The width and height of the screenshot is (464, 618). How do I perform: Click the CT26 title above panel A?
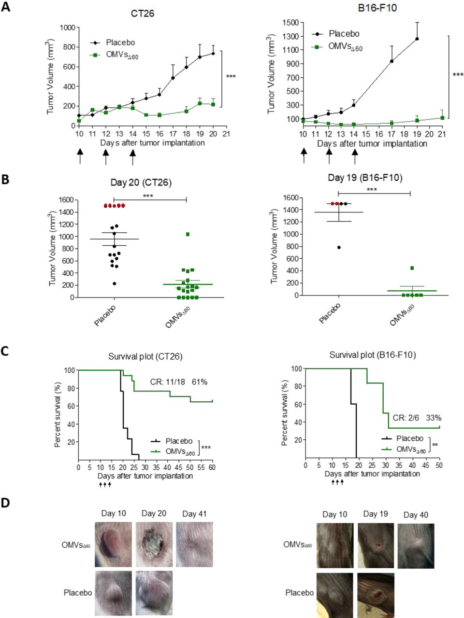click(143, 14)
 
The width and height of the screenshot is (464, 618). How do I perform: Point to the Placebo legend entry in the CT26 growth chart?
click(120, 42)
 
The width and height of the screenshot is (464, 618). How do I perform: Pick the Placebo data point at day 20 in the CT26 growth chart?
click(213, 54)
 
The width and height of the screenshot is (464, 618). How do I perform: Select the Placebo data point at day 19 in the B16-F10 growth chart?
click(417, 39)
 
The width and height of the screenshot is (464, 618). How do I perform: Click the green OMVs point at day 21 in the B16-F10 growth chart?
click(442, 117)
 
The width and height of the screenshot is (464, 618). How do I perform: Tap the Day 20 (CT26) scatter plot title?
click(141, 183)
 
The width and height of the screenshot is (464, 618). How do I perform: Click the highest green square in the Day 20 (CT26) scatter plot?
click(188, 234)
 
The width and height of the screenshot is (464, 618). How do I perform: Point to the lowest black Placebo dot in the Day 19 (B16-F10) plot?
click(339, 247)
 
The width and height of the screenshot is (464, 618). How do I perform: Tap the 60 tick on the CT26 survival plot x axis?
click(212, 467)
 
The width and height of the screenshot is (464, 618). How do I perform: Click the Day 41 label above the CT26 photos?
click(194, 514)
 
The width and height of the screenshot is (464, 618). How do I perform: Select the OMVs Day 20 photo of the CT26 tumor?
click(154, 545)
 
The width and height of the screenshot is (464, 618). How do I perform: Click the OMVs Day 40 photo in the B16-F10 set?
click(416, 546)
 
